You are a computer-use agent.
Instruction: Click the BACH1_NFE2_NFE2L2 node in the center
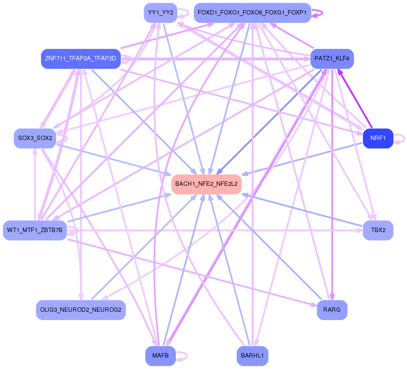[206, 184]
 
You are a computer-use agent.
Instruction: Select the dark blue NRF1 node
[378, 138]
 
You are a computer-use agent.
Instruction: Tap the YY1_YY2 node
[160, 13]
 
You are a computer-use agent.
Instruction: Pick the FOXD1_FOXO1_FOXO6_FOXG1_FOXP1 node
[252, 13]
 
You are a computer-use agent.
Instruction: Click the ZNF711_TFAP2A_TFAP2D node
[81, 59]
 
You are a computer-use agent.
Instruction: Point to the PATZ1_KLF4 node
[332, 59]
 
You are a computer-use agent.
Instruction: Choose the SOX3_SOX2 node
[35, 138]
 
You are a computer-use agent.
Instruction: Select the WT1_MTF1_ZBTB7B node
[35, 230]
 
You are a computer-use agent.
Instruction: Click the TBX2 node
[378, 230]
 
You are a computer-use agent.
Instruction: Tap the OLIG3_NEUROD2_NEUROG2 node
[81, 310]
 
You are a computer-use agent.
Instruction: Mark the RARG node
[332, 310]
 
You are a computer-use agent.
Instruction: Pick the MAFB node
[160, 356]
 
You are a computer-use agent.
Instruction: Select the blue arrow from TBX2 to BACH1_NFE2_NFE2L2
[304, 211]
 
